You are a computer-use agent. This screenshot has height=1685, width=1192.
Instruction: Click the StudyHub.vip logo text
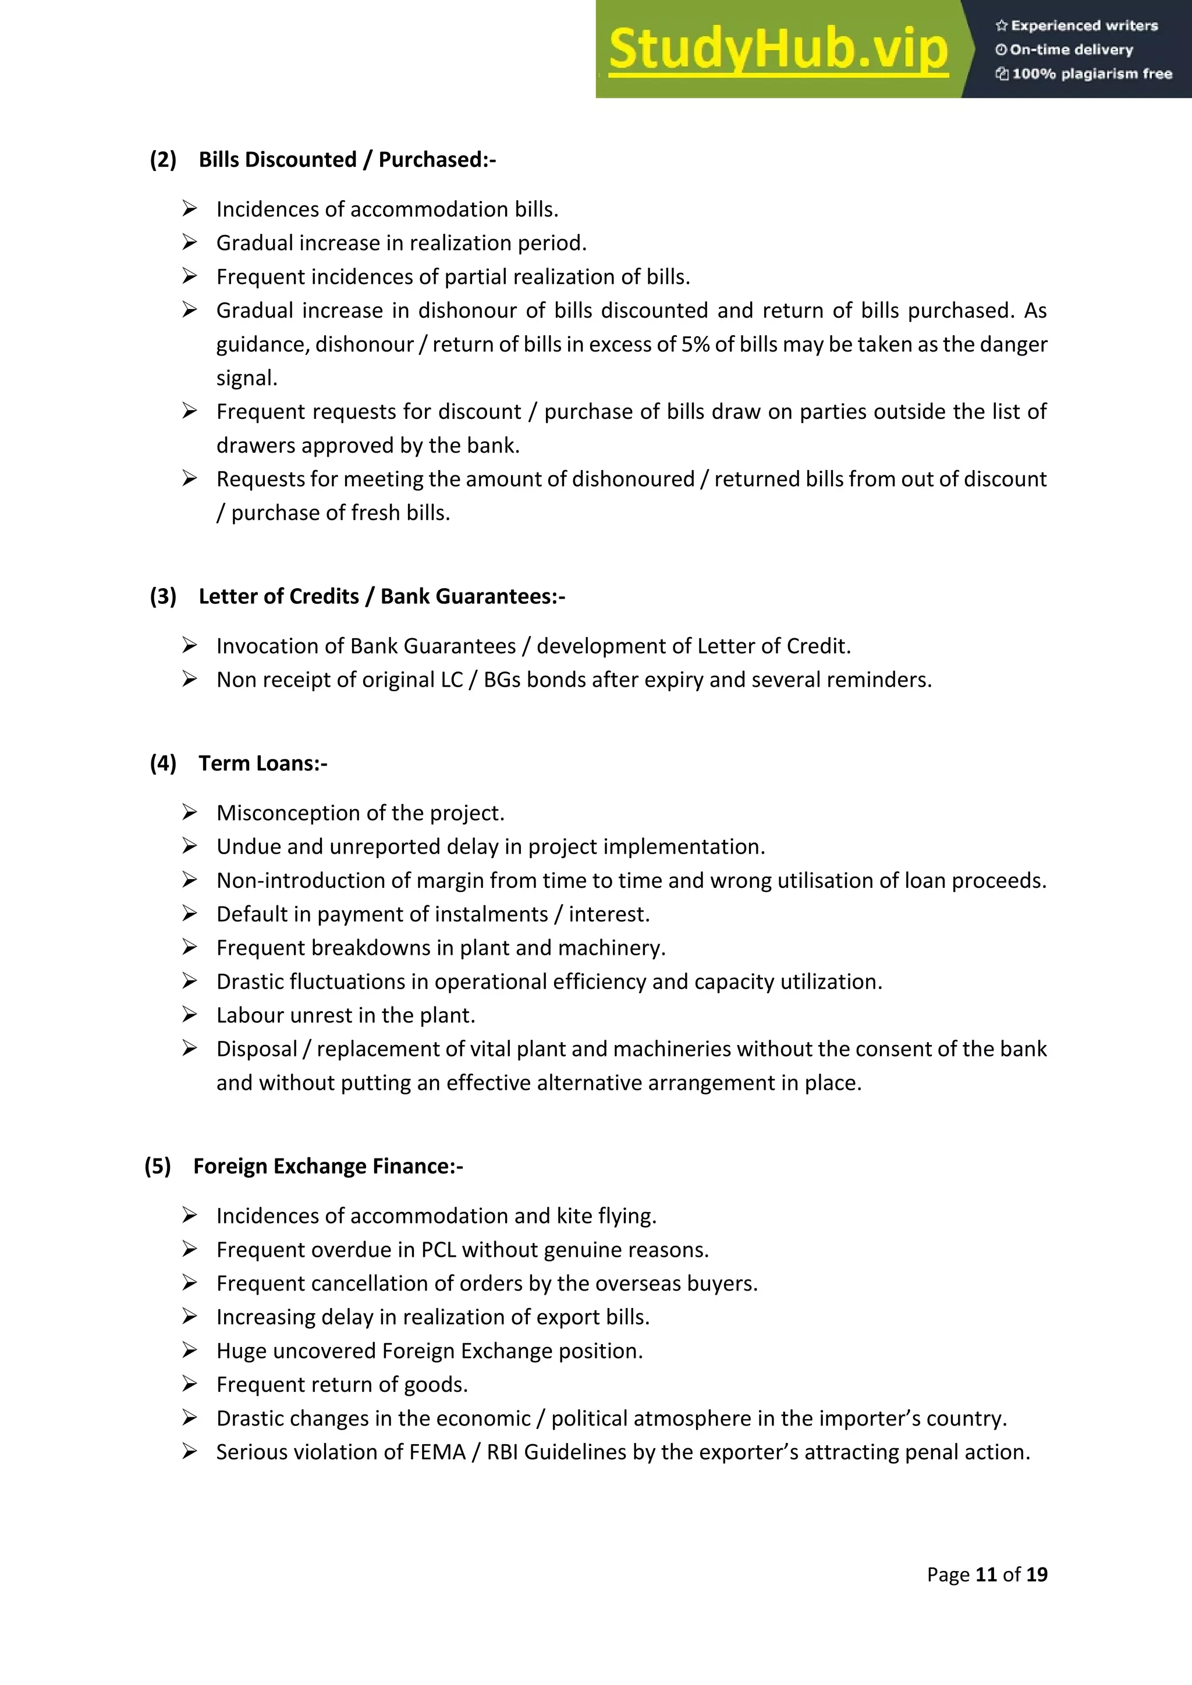point(778,49)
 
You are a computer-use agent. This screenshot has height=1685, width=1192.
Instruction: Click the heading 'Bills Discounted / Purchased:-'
point(347,159)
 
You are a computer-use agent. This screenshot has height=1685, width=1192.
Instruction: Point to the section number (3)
point(163,596)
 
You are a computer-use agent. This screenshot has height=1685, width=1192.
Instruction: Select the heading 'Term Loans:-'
point(262,763)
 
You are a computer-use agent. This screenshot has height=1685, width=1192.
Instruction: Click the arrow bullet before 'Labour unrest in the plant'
point(189,1015)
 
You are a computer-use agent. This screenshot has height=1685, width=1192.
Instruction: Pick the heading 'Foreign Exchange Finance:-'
point(328,1166)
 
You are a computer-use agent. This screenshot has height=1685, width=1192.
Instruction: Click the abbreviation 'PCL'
point(438,1250)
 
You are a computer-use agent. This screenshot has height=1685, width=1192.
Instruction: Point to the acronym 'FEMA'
point(438,1452)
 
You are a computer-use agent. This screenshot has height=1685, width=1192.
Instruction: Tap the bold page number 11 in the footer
point(986,1574)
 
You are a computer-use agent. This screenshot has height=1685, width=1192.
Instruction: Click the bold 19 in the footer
point(1037,1574)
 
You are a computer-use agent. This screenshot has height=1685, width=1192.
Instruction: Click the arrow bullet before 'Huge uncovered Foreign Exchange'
point(189,1350)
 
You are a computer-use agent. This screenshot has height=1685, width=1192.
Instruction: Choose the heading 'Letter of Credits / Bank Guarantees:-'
point(382,596)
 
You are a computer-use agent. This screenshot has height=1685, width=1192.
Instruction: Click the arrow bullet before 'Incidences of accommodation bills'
point(189,209)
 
